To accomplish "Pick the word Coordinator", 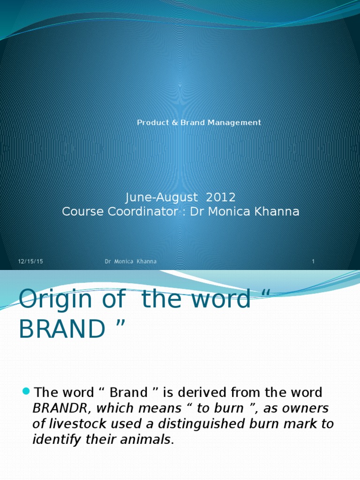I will click(144, 212).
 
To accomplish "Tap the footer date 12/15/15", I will click(30, 262).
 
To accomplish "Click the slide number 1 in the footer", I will click(313, 262).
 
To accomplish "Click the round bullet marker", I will click(26, 391).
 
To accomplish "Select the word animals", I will click(149, 440).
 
